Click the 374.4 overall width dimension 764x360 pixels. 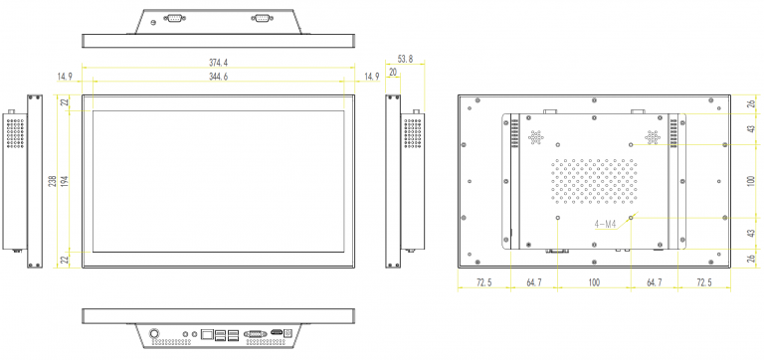(x=218, y=63)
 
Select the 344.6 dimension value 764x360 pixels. (x=218, y=77)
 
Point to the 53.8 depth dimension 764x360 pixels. (x=405, y=59)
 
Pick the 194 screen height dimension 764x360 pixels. (x=64, y=181)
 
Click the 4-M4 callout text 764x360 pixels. (x=605, y=225)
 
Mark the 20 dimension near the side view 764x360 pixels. (x=393, y=72)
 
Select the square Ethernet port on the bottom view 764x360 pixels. (x=207, y=334)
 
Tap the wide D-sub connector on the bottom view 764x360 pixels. (x=255, y=334)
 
